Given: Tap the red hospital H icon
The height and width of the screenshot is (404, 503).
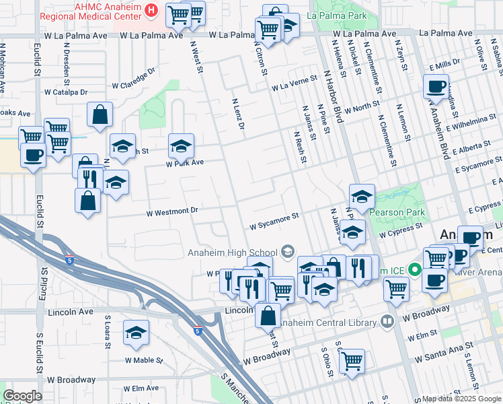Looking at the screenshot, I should click(152, 11).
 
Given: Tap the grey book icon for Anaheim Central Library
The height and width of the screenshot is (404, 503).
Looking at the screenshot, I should click(387, 322).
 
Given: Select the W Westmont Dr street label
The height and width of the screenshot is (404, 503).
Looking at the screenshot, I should click(173, 211).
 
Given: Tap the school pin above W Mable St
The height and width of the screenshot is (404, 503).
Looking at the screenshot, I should click(136, 333).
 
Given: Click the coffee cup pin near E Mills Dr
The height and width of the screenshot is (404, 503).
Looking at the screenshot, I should click(436, 86).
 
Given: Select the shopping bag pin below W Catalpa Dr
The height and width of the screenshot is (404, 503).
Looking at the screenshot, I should click(100, 114).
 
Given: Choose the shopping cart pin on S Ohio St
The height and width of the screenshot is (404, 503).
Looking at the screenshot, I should click(352, 360).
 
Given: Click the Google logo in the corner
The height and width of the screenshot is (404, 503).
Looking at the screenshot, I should click(22, 396).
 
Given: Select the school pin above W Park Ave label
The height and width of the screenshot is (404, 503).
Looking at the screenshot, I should click(181, 145).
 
